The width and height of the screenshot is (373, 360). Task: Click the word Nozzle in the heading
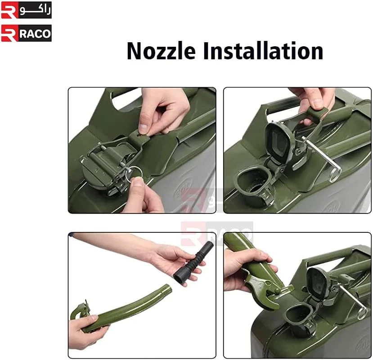(x=161, y=51)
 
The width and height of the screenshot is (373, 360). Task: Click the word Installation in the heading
(x=263, y=51)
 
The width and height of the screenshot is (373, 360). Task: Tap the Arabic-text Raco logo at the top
(x=26, y=10)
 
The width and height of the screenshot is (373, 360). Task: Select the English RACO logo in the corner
(x=26, y=33)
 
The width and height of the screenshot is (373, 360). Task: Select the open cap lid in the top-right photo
(x=279, y=139)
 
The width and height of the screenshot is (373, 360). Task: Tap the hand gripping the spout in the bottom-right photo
(x=245, y=268)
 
